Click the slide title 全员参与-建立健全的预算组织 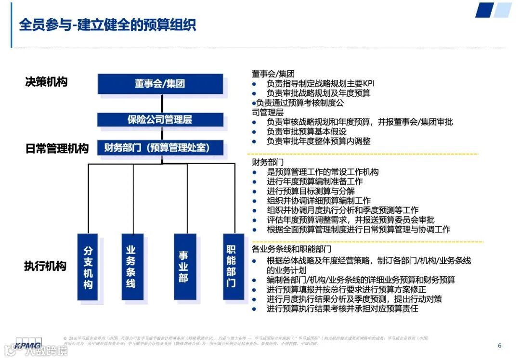click(107, 25)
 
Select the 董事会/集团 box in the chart click(160, 84)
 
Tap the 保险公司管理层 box click(160, 119)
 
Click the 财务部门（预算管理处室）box click(160, 148)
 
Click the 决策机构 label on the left click(46, 82)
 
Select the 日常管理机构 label click(57, 149)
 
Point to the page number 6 click(499, 346)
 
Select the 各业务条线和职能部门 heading click(292, 249)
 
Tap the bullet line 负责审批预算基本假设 click(307, 132)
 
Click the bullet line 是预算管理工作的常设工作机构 click(323, 172)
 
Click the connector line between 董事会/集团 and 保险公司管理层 click(162, 103)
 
